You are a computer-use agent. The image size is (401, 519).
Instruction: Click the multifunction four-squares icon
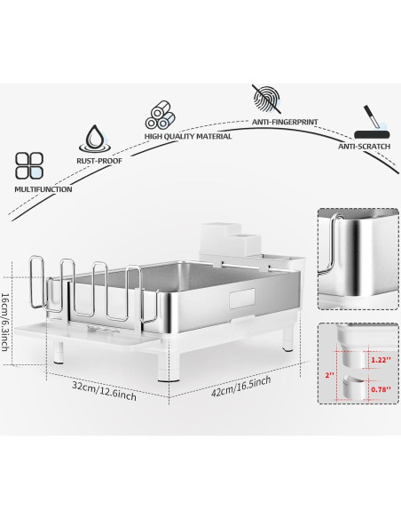tap(29, 166)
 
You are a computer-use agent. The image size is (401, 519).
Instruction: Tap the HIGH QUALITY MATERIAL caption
tap(189, 137)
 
